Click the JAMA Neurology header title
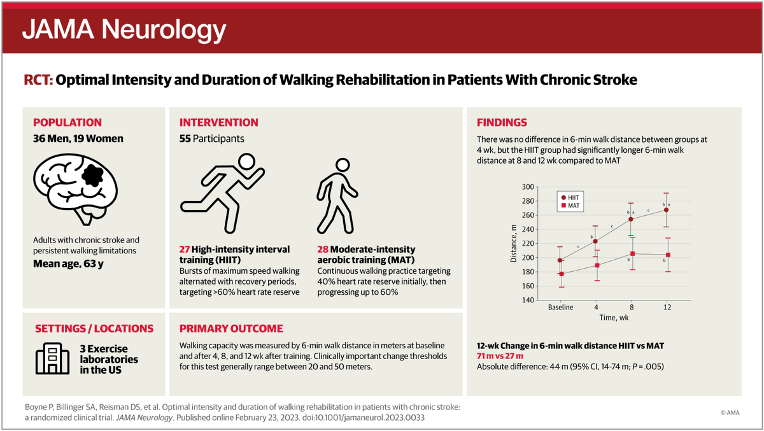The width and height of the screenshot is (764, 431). click(x=124, y=29)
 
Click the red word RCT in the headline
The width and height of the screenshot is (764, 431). click(x=37, y=80)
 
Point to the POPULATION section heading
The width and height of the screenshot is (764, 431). click(x=67, y=122)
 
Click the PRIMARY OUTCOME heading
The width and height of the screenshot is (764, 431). click(x=231, y=329)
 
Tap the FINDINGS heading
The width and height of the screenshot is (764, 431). click(x=502, y=122)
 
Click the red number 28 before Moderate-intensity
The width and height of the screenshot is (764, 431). click(x=324, y=249)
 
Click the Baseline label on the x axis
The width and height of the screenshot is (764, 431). click(x=560, y=307)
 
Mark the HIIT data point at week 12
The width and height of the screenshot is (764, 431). click(x=666, y=210)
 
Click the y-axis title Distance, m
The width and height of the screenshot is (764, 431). click(x=513, y=244)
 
